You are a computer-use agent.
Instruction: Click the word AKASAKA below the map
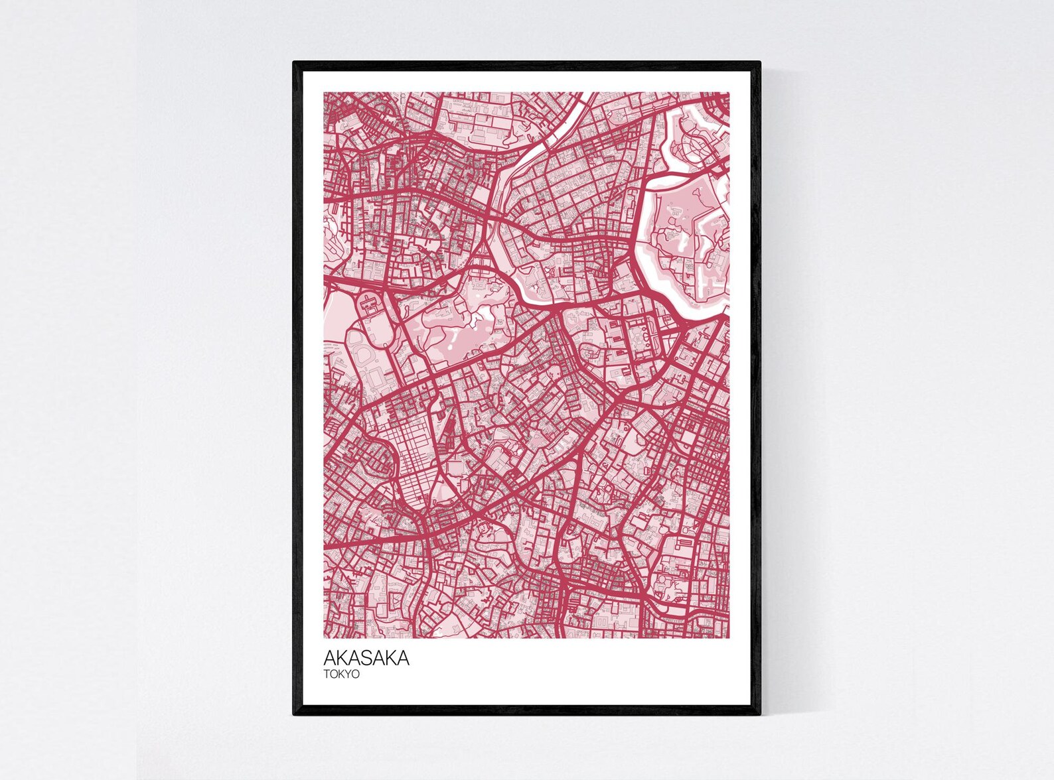tap(366, 658)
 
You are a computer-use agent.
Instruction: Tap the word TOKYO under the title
tap(341, 674)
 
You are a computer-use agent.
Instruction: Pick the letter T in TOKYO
tap(327, 674)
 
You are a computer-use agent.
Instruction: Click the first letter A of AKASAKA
tap(329, 658)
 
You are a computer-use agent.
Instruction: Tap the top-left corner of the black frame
tap(294, 62)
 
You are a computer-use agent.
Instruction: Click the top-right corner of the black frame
tap(759, 62)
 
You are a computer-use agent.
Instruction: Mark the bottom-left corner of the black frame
tap(294, 714)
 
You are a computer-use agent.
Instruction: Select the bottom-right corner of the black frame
tap(759, 714)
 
